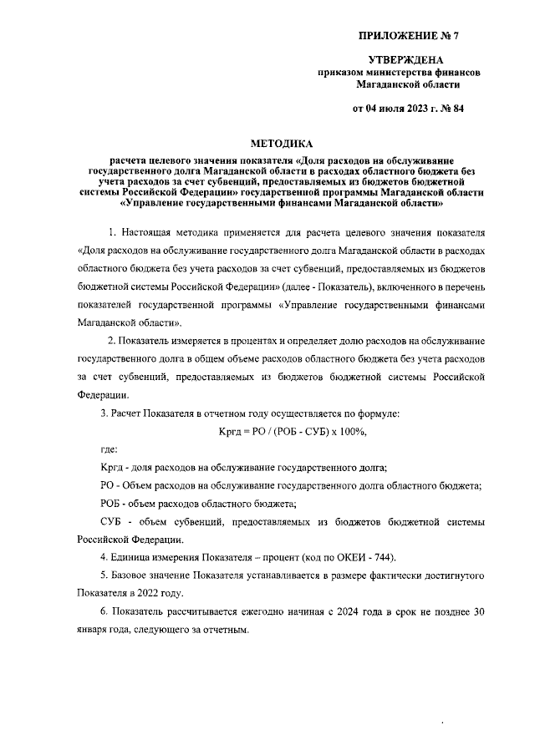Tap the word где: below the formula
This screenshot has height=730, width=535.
click(109, 449)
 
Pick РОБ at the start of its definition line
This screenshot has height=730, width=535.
click(112, 504)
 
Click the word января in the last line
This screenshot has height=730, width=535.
click(94, 629)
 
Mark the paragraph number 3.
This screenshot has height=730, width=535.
click(103, 413)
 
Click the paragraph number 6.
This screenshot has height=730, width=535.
click(103, 611)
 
